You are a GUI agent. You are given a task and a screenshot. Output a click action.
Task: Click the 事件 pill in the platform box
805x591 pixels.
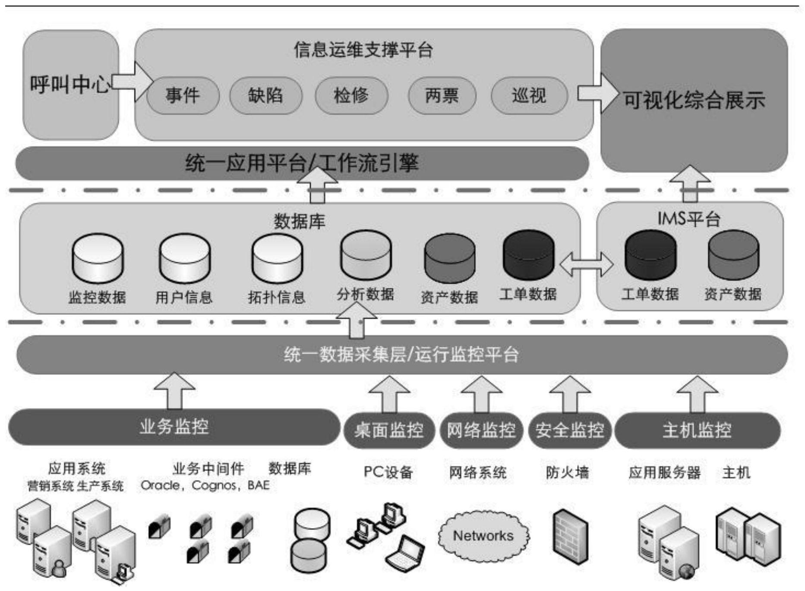click(x=183, y=95)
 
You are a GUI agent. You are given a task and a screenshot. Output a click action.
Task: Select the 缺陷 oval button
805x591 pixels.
click(x=265, y=95)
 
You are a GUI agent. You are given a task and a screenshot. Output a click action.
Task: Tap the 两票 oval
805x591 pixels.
click(x=442, y=95)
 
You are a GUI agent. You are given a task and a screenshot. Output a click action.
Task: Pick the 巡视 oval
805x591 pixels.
click(x=529, y=95)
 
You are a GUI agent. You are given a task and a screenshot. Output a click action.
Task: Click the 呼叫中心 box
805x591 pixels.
click(x=70, y=85)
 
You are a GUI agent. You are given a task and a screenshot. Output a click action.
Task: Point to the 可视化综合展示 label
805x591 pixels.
click(x=694, y=101)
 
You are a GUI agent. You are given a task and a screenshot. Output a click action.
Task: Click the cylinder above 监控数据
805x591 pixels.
click(x=98, y=258)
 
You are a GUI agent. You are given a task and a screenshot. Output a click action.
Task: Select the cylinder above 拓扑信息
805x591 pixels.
click(x=277, y=258)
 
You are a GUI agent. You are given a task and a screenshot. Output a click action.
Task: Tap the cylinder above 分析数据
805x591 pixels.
click(x=366, y=255)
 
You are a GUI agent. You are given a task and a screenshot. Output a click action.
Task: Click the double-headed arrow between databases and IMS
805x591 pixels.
click(x=586, y=264)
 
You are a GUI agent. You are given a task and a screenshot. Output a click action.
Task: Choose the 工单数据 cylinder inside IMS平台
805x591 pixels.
click(x=650, y=255)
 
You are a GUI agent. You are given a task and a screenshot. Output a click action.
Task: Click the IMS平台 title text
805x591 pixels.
click(x=689, y=219)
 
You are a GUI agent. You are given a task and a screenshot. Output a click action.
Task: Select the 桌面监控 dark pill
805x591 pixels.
click(x=388, y=430)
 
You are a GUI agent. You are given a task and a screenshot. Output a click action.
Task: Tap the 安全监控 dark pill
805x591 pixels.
click(x=569, y=430)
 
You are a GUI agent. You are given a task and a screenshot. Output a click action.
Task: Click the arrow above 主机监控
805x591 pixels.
click(x=697, y=393)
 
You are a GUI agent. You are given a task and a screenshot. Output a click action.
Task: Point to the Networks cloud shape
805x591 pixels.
click(x=483, y=536)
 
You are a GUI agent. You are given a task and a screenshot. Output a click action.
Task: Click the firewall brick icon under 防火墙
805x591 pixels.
click(x=570, y=537)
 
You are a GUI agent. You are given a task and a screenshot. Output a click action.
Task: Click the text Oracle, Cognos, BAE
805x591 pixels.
click(x=205, y=486)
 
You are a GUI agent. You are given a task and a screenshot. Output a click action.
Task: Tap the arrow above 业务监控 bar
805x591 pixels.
click(x=174, y=390)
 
